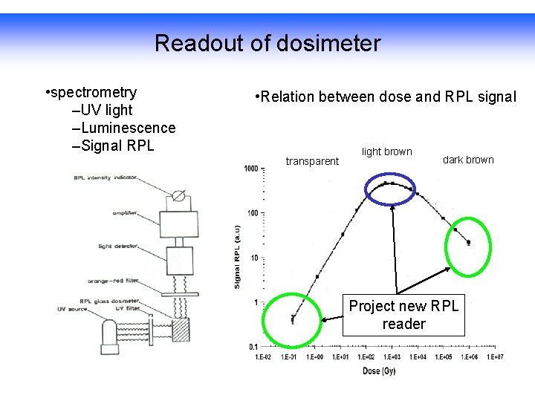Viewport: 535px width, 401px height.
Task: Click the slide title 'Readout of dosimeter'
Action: pyautogui.click(x=267, y=44)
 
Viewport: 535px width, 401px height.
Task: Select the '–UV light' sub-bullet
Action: pyautogui.click(x=102, y=111)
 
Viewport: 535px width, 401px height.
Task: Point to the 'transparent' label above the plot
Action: pyautogui.click(x=312, y=161)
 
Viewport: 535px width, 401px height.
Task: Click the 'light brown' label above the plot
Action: pyautogui.click(x=386, y=151)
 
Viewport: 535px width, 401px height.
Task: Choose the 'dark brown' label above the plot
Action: pyautogui.click(x=468, y=160)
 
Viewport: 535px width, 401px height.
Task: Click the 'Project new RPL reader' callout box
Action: pyautogui.click(x=403, y=315)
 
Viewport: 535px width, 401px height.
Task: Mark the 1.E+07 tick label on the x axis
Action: pyautogui.click(x=496, y=357)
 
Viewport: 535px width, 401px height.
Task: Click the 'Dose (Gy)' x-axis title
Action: pyautogui.click(x=379, y=371)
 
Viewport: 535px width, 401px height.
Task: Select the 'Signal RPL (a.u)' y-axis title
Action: pyautogui.click(x=237, y=256)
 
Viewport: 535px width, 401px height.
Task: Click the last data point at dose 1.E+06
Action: pyautogui.click(x=468, y=242)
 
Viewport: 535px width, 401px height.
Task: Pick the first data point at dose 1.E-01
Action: pyautogui.click(x=293, y=319)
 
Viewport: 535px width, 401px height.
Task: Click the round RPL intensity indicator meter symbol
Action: pyautogui.click(x=178, y=197)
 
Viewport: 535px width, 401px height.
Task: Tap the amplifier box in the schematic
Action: pyautogui.click(x=180, y=222)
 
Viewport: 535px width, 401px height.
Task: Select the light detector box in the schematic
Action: pyautogui.click(x=179, y=260)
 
